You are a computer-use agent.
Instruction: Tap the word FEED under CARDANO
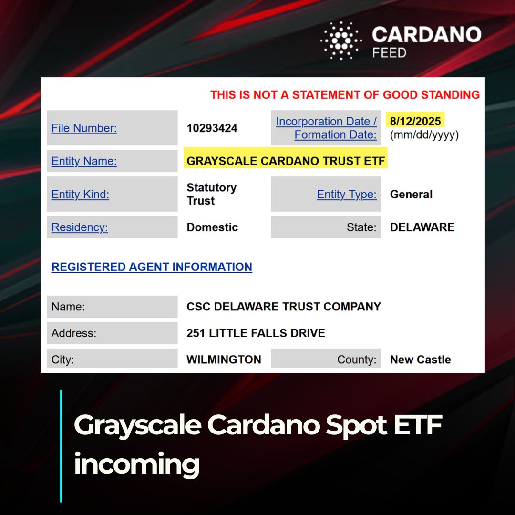click(389, 52)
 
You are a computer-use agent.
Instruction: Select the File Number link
click(84, 128)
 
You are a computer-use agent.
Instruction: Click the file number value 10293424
click(212, 128)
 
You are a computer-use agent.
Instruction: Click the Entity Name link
click(84, 161)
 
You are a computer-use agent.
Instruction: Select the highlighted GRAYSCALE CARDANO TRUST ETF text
click(286, 161)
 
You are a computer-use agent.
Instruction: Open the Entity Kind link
click(80, 194)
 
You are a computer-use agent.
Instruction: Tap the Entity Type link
click(347, 194)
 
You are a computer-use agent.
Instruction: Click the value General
click(411, 194)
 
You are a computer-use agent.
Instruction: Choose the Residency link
click(80, 227)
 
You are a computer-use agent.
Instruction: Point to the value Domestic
click(212, 227)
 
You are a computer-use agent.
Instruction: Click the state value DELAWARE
click(422, 227)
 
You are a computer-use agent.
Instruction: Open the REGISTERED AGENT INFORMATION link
click(152, 267)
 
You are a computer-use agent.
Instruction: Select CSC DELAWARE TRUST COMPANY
click(284, 307)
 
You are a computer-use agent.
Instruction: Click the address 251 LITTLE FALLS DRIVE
click(256, 333)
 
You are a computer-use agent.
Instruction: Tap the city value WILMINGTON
click(224, 360)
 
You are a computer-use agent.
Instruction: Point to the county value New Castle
click(420, 360)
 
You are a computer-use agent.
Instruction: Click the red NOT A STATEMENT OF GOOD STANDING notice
click(345, 94)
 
